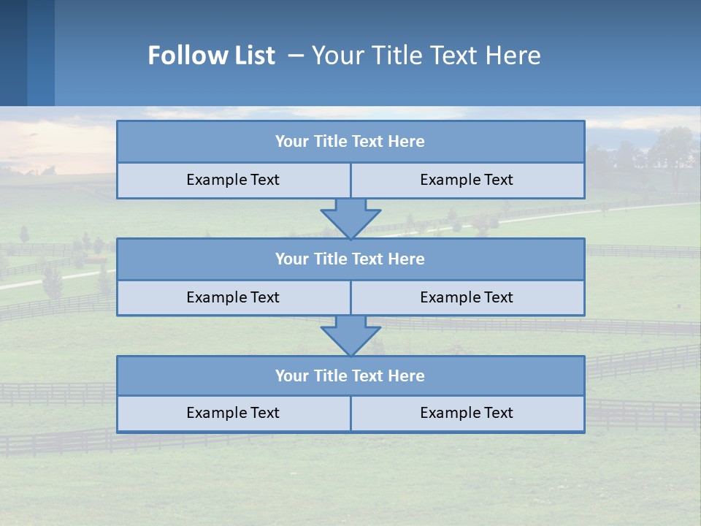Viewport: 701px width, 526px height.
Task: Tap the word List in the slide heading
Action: (256, 56)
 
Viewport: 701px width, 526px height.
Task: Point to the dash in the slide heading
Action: (296, 56)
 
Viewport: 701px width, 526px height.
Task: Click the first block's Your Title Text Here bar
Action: (350, 142)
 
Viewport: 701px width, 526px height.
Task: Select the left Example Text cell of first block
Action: (233, 180)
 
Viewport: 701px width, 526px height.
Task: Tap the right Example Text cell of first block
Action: (467, 180)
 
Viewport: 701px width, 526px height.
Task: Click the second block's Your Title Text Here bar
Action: (350, 259)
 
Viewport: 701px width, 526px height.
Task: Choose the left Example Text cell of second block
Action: (233, 297)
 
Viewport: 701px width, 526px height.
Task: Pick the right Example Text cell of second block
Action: (467, 297)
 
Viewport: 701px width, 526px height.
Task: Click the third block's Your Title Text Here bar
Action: (350, 376)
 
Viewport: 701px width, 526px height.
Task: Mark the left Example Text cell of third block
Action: (233, 413)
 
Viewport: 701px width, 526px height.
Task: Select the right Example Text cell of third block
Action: (467, 413)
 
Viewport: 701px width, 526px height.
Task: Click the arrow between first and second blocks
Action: (350, 217)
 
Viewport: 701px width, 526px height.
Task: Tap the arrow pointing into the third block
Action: (350, 335)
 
